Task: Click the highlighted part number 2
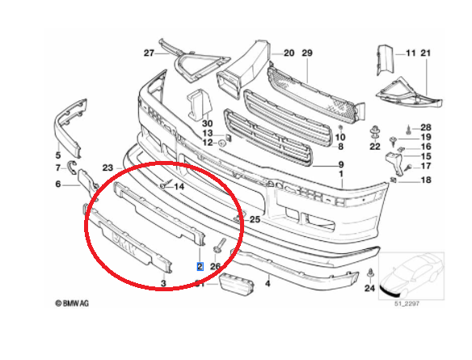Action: (x=200, y=266)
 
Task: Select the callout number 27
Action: (x=149, y=53)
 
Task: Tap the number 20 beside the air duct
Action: (x=289, y=53)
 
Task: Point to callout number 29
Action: (x=307, y=53)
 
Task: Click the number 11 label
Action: (x=411, y=53)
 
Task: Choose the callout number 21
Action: (x=426, y=53)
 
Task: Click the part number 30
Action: (x=208, y=123)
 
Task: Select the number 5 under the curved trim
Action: (x=58, y=155)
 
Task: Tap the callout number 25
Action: (x=255, y=219)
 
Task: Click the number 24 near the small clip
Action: (x=369, y=288)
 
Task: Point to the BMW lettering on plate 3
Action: (x=124, y=244)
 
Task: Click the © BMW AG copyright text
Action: (x=72, y=303)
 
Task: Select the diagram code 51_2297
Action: (x=407, y=303)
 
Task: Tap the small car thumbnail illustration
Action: (x=411, y=276)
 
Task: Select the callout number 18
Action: (x=426, y=180)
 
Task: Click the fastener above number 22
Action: (x=375, y=133)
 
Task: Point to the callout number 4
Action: (x=268, y=283)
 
